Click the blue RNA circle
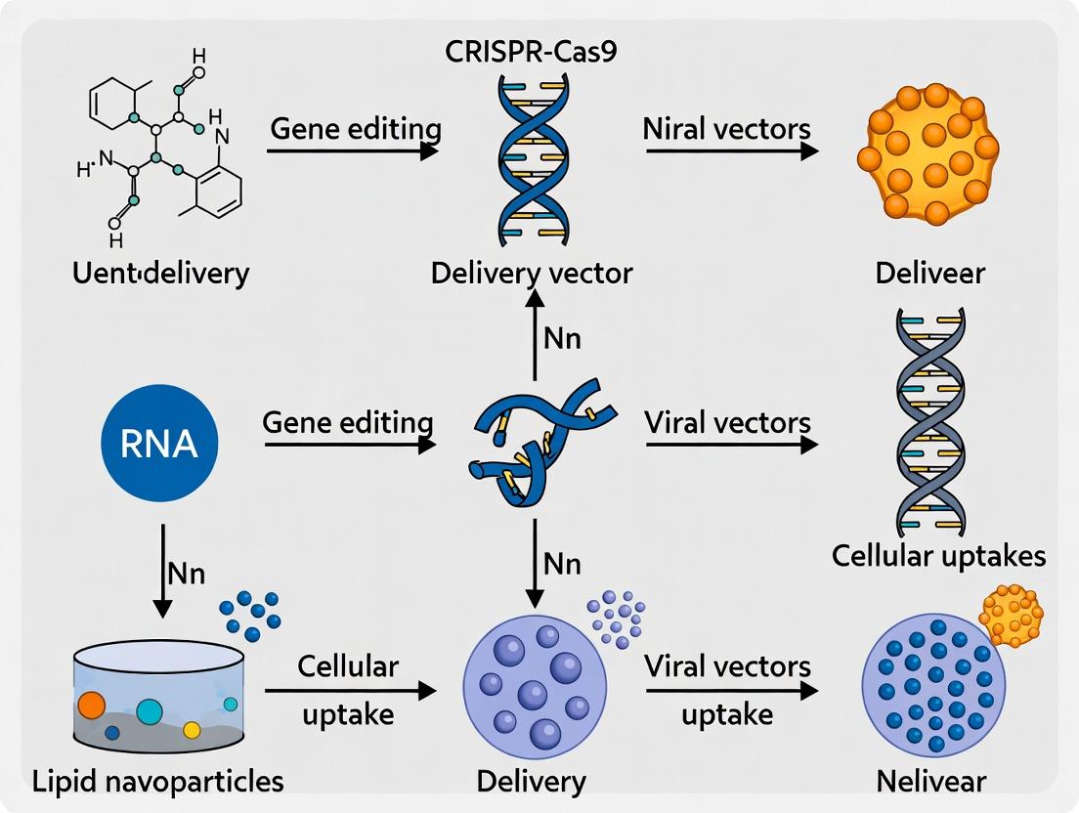160,445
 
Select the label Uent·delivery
161,272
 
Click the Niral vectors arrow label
727,129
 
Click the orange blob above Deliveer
927,154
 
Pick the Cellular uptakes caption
938,555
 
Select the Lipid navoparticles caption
157,781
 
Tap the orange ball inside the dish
91,705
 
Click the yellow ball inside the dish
192,729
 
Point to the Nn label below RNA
185,573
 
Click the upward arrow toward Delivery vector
534,337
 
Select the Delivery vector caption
532,272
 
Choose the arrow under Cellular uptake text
350,691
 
